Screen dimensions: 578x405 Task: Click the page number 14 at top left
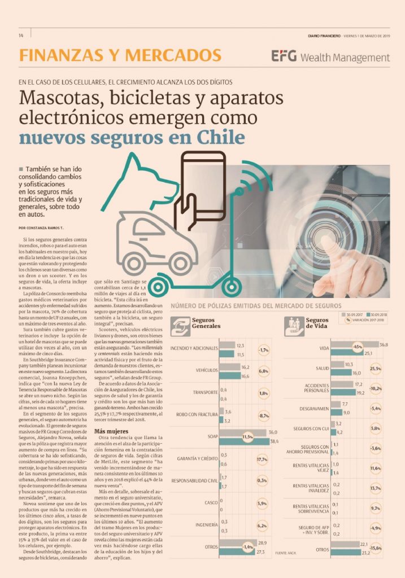(x=20, y=36)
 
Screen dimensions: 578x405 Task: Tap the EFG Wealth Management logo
(x=330, y=57)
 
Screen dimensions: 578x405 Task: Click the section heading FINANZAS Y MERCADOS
(x=120, y=55)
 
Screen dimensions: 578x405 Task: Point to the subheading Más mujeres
(x=112, y=414)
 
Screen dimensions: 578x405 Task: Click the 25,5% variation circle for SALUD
(x=375, y=369)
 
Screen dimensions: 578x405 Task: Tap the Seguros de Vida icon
(x=295, y=325)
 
